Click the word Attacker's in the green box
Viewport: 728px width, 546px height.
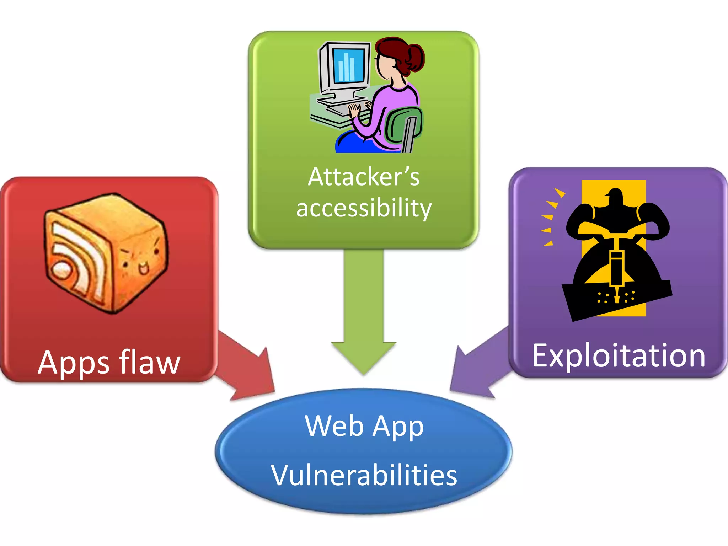[364, 177]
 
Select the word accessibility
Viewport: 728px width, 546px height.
[364, 208]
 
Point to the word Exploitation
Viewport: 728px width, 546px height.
[619, 356]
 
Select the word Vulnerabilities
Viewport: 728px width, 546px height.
[364, 475]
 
